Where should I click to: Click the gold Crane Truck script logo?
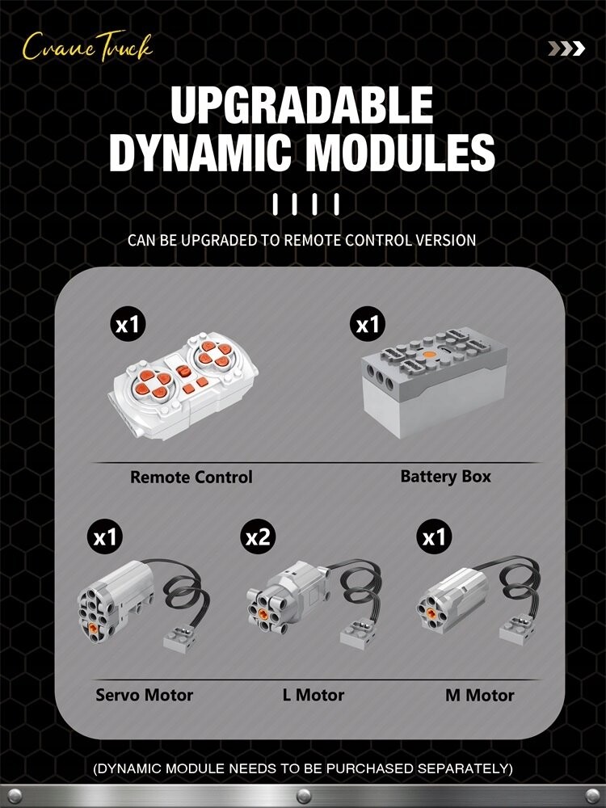(x=87, y=48)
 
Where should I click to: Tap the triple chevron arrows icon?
(x=566, y=49)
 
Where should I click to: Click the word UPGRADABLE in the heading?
(x=302, y=106)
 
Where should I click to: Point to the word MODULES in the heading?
(x=400, y=153)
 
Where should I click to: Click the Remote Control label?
(x=191, y=478)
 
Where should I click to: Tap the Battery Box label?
(x=446, y=476)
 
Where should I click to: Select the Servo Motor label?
(x=145, y=695)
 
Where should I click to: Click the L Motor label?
(x=314, y=695)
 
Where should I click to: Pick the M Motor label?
(x=480, y=695)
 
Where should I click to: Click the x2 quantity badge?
(x=258, y=537)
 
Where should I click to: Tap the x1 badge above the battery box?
(x=368, y=325)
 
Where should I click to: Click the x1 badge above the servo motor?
(x=105, y=537)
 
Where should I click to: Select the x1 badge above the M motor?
(x=434, y=537)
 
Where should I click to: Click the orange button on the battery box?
(x=429, y=355)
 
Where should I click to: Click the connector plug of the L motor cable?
(x=358, y=633)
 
